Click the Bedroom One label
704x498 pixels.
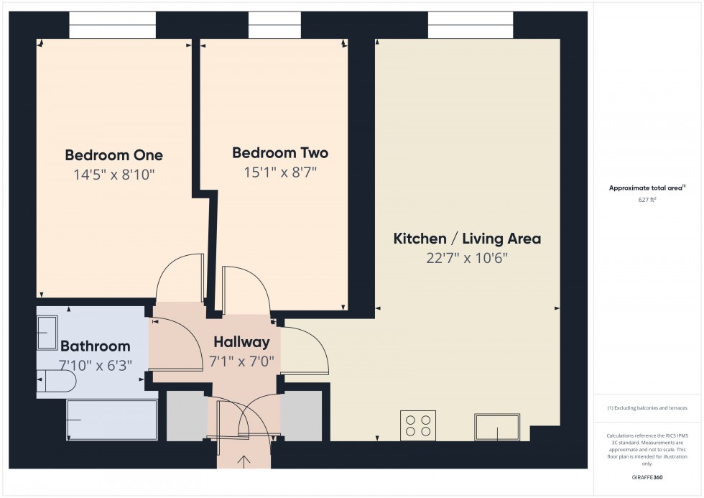[114, 155]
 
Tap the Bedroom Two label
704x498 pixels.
[280, 153]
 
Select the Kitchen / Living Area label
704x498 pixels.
[467, 239]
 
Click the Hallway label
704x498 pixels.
[241, 342]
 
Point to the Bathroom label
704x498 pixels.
[95, 346]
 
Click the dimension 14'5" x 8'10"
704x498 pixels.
[114, 175]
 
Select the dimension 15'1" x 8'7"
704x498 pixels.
[280, 172]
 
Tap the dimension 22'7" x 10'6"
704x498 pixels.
[467, 258]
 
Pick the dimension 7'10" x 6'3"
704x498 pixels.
[95, 364]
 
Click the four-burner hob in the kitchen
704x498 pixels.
[418, 425]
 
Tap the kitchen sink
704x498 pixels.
[496, 427]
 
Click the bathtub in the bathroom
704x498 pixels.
[111, 419]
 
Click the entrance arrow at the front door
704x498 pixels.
[244, 461]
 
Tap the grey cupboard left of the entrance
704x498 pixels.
[186, 416]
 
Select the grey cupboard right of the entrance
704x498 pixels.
[301, 416]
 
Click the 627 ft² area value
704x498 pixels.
[647, 200]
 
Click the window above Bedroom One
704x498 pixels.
[112, 25]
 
